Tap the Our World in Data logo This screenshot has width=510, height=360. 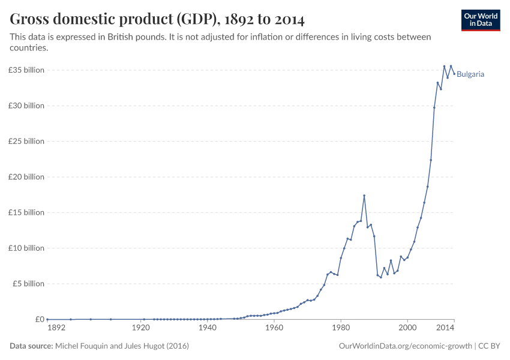[x=481, y=20]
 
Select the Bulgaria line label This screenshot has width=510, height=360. [x=470, y=74]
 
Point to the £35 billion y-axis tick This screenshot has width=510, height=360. [x=26, y=70]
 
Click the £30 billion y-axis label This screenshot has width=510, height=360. [x=26, y=106]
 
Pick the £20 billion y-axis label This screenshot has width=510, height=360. [x=26, y=177]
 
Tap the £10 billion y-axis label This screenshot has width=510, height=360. [x=26, y=248]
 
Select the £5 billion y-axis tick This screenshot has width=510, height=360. [x=28, y=284]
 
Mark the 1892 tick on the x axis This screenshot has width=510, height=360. [x=55, y=328]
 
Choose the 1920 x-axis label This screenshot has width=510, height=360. [x=141, y=328]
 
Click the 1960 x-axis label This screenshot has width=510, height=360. [x=274, y=328]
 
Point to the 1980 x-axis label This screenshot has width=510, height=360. [x=341, y=328]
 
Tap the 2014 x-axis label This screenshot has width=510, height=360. [x=445, y=328]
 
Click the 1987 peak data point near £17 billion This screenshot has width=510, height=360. [x=364, y=196]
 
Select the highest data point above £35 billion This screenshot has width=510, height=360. [x=444, y=67]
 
